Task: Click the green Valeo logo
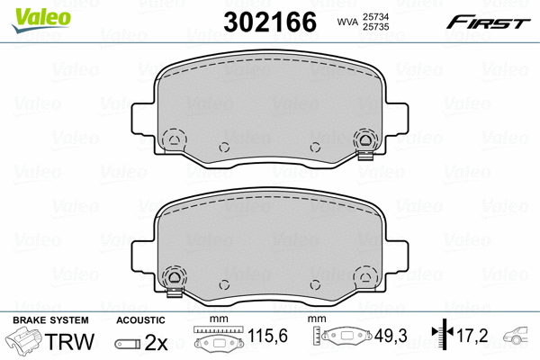coord(41,20)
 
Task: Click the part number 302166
coord(270,22)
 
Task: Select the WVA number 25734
coord(375,16)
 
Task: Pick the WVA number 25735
coord(375,27)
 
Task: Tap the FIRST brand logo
coord(488,22)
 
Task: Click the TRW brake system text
coord(69,341)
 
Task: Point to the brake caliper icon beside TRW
coord(24,340)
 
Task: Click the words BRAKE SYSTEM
coord(50,320)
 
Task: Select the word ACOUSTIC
coord(140,320)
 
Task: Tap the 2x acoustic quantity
coord(156,342)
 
